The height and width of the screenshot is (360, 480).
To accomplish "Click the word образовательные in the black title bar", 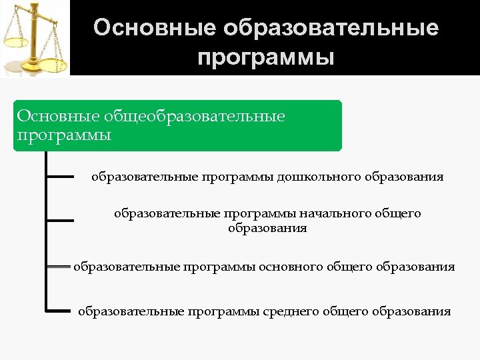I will [332, 28].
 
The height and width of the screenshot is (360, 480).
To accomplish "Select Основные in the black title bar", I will [155, 28].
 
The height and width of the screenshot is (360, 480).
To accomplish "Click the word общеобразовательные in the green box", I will [194, 117].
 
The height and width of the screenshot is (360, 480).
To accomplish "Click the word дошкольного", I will [319, 177].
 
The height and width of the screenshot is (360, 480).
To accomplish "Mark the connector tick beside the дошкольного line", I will [60, 177].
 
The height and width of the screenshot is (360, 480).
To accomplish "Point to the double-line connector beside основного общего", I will [59, 267].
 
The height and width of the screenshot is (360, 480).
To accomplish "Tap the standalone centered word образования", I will [267, 228].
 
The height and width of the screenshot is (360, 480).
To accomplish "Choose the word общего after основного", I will [349, 267].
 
